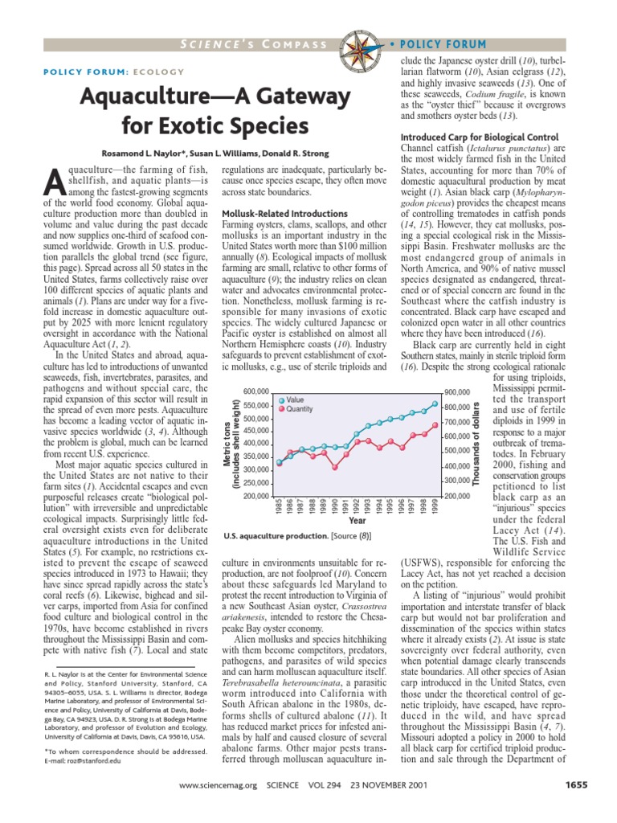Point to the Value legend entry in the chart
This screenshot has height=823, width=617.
(x=294, y=399)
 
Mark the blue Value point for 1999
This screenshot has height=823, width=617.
(x=435, y=404)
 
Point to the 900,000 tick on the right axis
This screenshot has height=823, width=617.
(x=457, y=391)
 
